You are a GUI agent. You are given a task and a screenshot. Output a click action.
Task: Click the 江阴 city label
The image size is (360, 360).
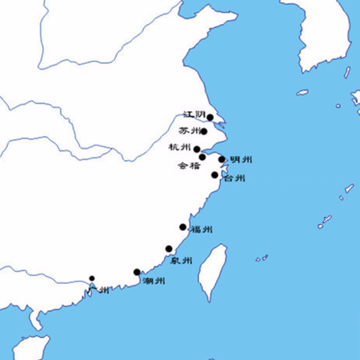pos(194,115)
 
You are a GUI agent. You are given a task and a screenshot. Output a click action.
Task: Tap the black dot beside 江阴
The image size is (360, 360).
pos(210,118)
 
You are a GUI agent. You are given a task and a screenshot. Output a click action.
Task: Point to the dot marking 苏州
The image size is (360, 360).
pos(205,132)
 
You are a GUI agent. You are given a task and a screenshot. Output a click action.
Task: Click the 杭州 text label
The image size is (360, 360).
pos(180,147)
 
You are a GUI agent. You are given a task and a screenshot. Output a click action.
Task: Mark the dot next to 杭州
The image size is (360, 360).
pos(197,148)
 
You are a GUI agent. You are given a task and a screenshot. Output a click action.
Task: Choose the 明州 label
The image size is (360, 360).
pos(241,160)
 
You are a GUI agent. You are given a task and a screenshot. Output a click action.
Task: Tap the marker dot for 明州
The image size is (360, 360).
pos(222,159)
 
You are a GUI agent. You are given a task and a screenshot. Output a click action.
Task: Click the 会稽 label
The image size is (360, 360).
pos(189,166)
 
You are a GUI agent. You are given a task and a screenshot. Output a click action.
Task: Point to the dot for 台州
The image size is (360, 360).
pos(214,175)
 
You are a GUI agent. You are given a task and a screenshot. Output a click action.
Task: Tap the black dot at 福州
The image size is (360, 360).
pos(183,227)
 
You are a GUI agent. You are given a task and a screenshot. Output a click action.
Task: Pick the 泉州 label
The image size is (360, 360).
pos(182,261)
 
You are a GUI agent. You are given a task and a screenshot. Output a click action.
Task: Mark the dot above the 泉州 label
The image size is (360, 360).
pos(169,249)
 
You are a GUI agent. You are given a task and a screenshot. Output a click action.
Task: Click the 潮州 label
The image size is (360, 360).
pos(154,281)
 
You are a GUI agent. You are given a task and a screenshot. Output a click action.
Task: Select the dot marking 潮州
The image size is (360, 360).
pos(137,272)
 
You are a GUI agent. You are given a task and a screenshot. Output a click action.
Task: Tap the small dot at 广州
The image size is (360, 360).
pos(92,278)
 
